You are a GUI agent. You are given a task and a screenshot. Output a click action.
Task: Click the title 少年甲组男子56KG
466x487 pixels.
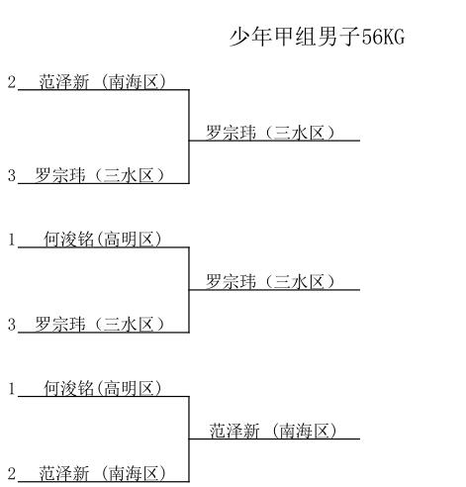(317, 37)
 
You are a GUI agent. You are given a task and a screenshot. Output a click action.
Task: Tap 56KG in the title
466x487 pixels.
(383, 37)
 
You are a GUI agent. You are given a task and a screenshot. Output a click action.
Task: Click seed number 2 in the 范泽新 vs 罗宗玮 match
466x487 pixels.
(12, 81)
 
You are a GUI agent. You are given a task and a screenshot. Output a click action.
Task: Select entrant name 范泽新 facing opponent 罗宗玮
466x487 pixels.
(64, 81)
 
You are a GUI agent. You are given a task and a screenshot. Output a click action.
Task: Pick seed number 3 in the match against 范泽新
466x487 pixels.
(12, 175)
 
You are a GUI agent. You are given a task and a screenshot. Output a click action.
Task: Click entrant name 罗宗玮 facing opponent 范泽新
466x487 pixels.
(60, 175)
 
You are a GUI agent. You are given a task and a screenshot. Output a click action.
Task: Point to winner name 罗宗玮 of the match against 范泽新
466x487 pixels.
(232, 133)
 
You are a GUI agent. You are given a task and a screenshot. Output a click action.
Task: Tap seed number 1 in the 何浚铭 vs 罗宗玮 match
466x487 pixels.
(12, 240)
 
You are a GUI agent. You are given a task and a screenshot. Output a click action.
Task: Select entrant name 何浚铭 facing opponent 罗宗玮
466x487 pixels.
(69, 240)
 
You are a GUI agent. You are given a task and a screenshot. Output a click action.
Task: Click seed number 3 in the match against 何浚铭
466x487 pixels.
(12, 325)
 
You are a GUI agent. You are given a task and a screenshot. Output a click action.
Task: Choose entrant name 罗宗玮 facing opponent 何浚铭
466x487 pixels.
(60, 325)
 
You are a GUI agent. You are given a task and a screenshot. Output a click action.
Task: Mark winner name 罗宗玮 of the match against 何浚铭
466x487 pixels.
(232, 282)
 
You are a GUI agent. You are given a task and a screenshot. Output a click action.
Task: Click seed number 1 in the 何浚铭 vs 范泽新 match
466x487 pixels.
(12, 388)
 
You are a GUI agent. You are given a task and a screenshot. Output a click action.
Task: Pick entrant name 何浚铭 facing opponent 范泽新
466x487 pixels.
(69, 388)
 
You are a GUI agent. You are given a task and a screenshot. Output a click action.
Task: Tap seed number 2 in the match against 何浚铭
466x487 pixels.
(12, 474)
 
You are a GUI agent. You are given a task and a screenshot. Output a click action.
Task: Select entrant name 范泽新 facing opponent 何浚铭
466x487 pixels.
(64, 474)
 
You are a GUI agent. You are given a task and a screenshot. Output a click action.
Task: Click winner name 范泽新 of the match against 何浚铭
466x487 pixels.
(234, 431)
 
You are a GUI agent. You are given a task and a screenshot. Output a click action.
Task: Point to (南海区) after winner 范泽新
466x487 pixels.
(304, 431)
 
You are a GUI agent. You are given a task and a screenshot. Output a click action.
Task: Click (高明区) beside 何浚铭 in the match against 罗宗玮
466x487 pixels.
(130, 240)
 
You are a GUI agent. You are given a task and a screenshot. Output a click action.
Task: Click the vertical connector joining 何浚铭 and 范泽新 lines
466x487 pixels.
(189, 439)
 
